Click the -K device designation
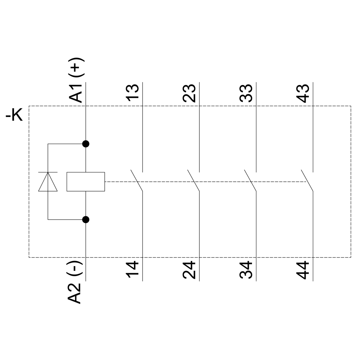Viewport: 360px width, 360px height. click(x=14, y=116)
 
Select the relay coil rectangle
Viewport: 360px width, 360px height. click(x=86, y=181)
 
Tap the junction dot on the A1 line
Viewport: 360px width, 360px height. click(x=86, y=144)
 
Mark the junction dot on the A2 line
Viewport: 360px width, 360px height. click(x=86, y=219)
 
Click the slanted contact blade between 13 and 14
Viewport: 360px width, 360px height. click(x=137, y=180)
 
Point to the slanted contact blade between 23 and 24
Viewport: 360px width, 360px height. click(x=194, y=180)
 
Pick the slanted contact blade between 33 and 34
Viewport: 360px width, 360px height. click(x=250, y=180)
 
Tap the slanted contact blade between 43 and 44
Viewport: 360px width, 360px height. click(x=307, y=180)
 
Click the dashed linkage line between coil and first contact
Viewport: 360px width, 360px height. click(x=119, y=182)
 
